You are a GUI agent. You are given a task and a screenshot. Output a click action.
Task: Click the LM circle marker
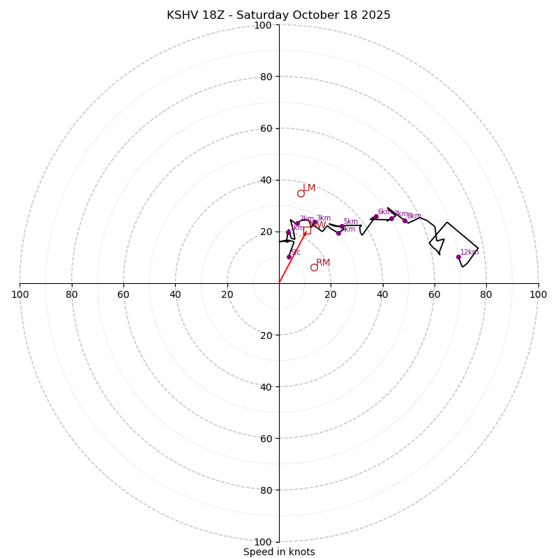click(301, 193)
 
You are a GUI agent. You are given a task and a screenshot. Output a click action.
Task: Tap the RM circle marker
click(314, 267)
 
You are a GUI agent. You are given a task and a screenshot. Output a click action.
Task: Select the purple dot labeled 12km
click(458, 257)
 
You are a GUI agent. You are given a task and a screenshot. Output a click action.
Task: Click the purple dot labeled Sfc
click(289, 257)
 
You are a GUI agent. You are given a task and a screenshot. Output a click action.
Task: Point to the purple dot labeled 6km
click(376, 217)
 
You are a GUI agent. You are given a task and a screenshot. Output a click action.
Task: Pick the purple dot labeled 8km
click(405, 220)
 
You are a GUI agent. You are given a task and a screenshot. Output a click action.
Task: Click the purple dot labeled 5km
click(342, 226)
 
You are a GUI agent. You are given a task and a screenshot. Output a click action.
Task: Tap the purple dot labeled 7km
click(391, 218)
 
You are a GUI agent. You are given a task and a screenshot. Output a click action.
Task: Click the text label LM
click(309, 188)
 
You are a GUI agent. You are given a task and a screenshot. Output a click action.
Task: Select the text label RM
click(323, 263)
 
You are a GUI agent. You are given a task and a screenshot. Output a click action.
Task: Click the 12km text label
click(469, 252)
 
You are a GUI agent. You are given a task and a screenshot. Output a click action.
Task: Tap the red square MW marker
click(307, 230)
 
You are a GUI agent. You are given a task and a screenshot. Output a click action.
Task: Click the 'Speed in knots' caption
click(279, 552)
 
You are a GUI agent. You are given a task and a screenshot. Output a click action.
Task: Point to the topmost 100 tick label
click(263, 25)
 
